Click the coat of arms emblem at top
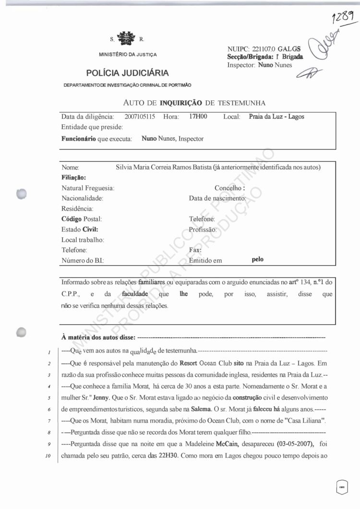click(x=127, y=38)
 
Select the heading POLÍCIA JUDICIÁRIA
click(x=128, y=73)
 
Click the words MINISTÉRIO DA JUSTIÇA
click(x=128, y=54)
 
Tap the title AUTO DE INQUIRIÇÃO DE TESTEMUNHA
click(x=194, y=102)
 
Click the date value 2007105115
click(x=140, y=117)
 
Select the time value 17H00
click(x=198, y=117)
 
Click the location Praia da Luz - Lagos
click(x=276, y=117)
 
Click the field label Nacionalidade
click(x=83, y=198)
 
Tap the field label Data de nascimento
click(x=217, y=198)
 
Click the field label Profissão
click(x=203, y=230)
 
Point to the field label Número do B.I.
click(x=83, y=260)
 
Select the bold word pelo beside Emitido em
click(x=258, y=260)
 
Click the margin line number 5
click(x=49, y=399)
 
